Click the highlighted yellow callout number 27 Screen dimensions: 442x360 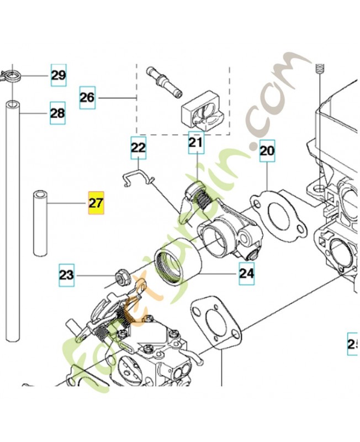pos(96,203)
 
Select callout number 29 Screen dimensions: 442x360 pos(59,75)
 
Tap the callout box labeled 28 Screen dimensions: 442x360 pos(57,113)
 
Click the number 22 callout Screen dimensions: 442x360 pos(138,148)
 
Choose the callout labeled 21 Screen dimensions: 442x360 pos(195,143)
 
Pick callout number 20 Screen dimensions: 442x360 pos(267,150)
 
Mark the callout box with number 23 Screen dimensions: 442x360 pos(66,275)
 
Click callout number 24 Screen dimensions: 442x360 pos(247,272)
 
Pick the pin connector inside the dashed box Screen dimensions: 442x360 pos(164,81)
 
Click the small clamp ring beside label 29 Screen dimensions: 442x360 pos(10,74)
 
